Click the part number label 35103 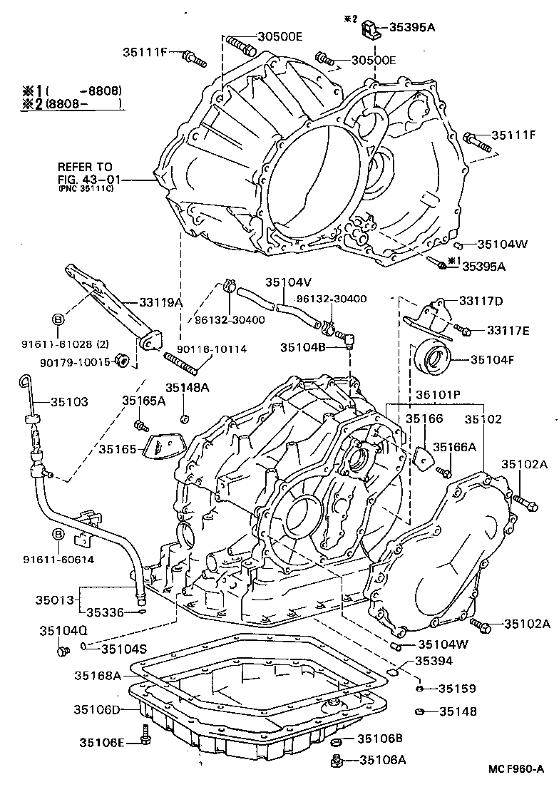click(69, 402)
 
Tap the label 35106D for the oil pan click(97, 709)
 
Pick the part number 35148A click(188, 388)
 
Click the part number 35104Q click(63, 631)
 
